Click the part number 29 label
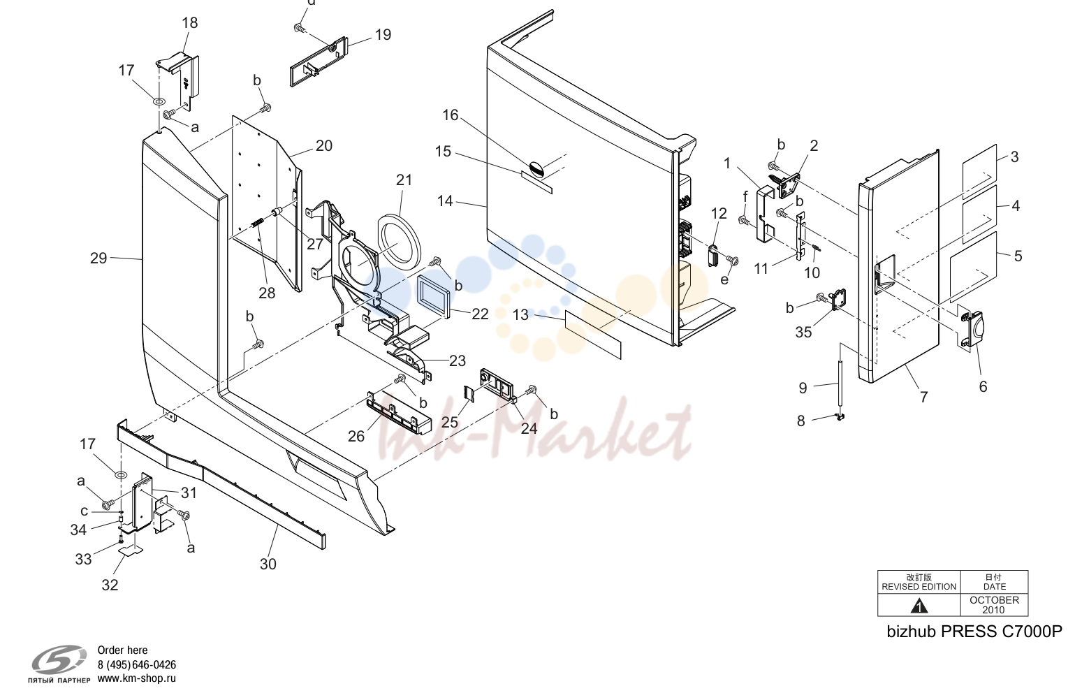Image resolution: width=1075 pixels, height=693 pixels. [98, 258]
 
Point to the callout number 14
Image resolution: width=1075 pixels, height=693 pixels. [445, 200]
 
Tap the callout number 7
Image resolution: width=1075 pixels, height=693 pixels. [923, 397]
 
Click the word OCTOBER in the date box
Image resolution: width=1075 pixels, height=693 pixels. [995, 600]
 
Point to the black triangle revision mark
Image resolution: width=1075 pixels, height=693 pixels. [919, 606]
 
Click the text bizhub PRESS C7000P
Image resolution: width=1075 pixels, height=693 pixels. [974, 632]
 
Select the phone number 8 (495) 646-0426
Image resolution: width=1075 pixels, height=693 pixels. [137, 664]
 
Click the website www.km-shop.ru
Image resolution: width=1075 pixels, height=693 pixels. [137, 678]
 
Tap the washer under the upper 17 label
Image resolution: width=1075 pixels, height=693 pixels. [159, 102]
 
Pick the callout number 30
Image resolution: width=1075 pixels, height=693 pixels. [268, 564]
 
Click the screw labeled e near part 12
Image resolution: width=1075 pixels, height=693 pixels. [733, 261]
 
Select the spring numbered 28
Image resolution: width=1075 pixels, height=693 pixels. [258, 224]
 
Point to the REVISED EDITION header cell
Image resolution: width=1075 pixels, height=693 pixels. [919, 582]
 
